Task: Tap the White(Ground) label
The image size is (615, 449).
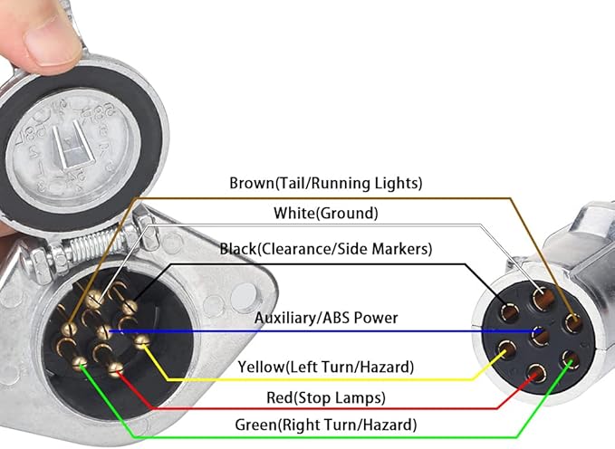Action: click(x=325, y=214)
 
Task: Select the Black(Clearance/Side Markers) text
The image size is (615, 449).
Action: click(x=326, y=248)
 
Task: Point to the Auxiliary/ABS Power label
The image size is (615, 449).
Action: click(x=325, y=318)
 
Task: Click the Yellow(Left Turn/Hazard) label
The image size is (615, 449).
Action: click(x=325, y=368)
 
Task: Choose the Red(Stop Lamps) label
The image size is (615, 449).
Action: click(x=325, y=397)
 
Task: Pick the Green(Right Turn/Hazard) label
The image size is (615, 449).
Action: click(x=325, y=424)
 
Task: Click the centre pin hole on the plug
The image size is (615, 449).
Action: click(x=541, y=335)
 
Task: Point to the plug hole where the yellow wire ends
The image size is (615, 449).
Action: click(x=508, y=349)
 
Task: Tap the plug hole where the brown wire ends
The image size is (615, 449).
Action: click(x=572, y=321)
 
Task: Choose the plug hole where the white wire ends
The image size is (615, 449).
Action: click(x=542, y=297)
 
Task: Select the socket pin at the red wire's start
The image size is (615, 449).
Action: click(x=114, y=368)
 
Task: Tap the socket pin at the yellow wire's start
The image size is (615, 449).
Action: click(x=140, y=341)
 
